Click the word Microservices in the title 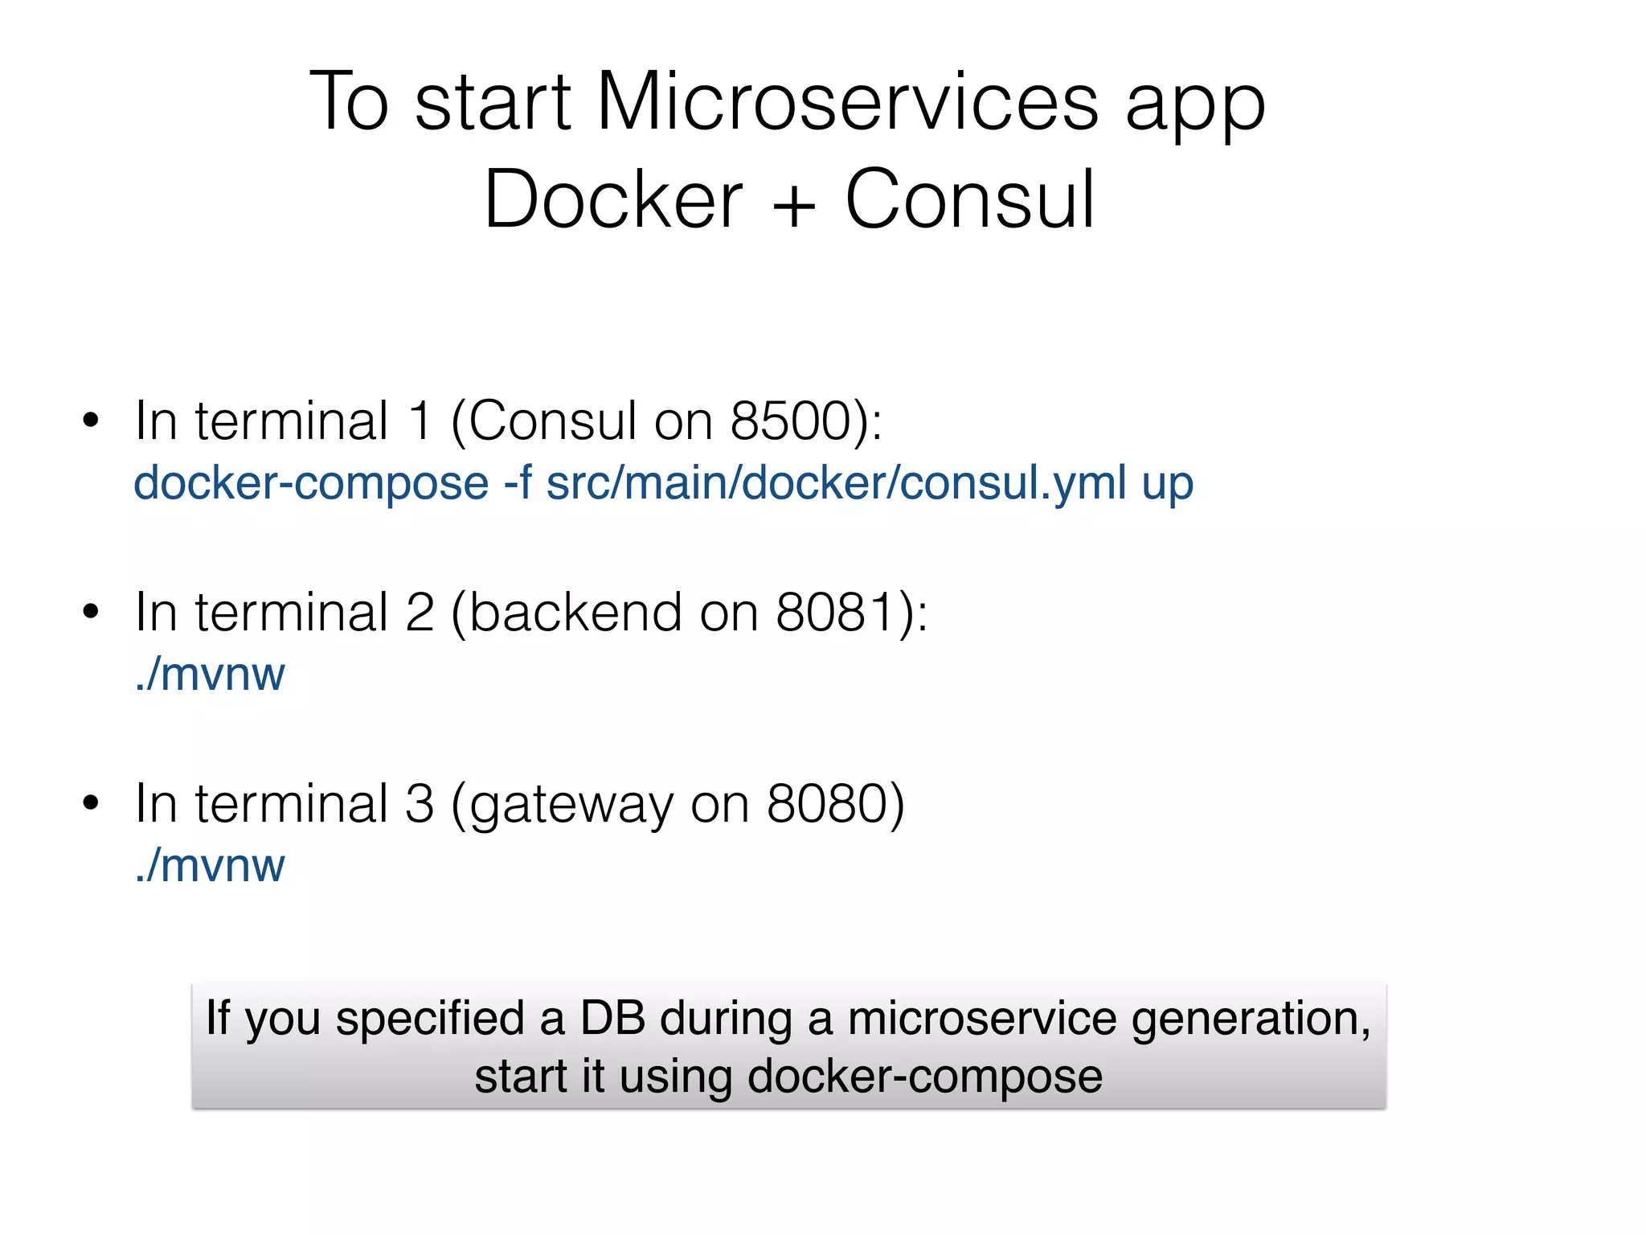click(x=847, y=102)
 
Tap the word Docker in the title click(x=613, y=199)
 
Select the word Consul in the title click(x=970, y=199)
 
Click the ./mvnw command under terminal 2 click(x=210, y=675)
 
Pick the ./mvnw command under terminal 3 click(x=210, y=866)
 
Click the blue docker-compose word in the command click(x=311, y=484)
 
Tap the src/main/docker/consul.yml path click(x=836, y=484)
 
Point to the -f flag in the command click(x=518, y=482)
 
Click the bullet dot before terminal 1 click(x=91, y=420)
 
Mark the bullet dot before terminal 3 click(x=91, y=802)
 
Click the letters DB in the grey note click(x=612, y=1018)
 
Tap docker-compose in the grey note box click(x=924, y=1077)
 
